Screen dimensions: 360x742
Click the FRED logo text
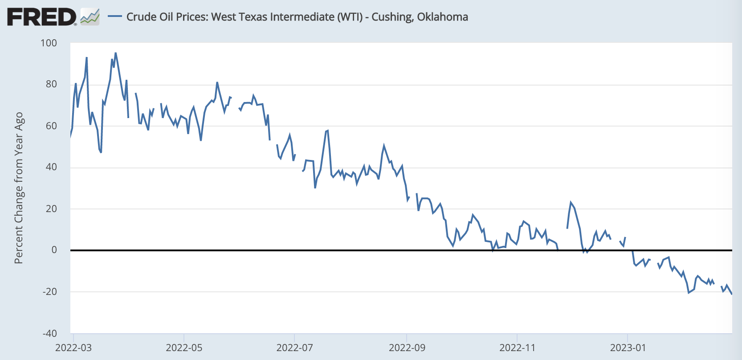(x=41, y=17)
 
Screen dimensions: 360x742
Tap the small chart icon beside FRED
(x=90, y=17)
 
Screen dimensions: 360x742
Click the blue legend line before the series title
(x=115, y=16)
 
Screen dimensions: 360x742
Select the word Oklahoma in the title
(x=442, y=17)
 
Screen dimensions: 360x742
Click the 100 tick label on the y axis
(x=49, y=43)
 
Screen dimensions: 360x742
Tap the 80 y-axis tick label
(x=51, y=84)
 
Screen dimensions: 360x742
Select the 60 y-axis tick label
(x=51, y=126)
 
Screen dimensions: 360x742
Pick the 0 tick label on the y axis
(x=54, y=250)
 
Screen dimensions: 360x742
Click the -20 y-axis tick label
(x=49, y=292)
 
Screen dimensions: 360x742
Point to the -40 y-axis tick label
(x=49, y=333)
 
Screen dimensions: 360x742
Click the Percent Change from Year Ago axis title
(x=19, y=188)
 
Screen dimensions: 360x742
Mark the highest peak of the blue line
(x=115, y=53)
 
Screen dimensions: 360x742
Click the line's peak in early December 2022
(x=571, y=202)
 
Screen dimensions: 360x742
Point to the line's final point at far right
(x=732, y=294)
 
